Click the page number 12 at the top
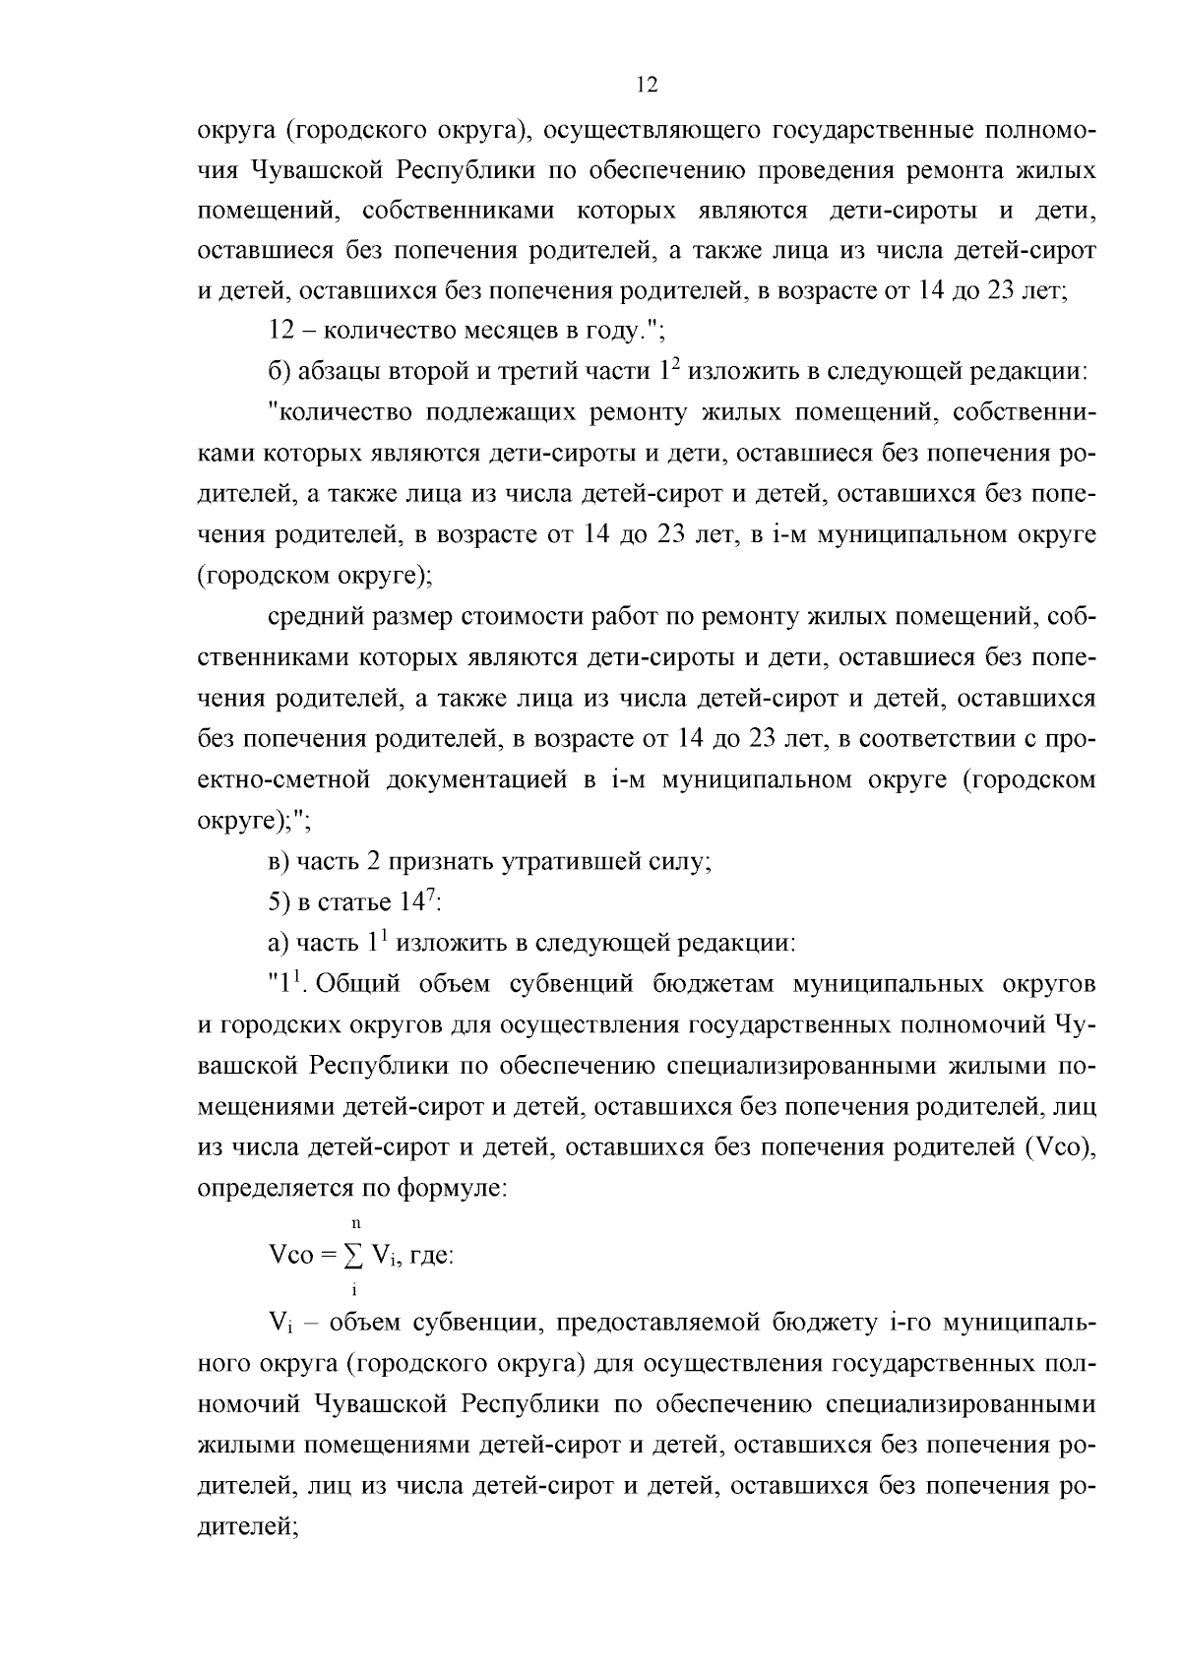tap(647, 85)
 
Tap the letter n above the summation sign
tap(354, 1224)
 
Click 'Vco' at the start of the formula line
tap(290, 1257)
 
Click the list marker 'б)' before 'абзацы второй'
tap(279, 372)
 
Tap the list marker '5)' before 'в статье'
tap(279, 902)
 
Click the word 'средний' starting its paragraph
tap(313, 617)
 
